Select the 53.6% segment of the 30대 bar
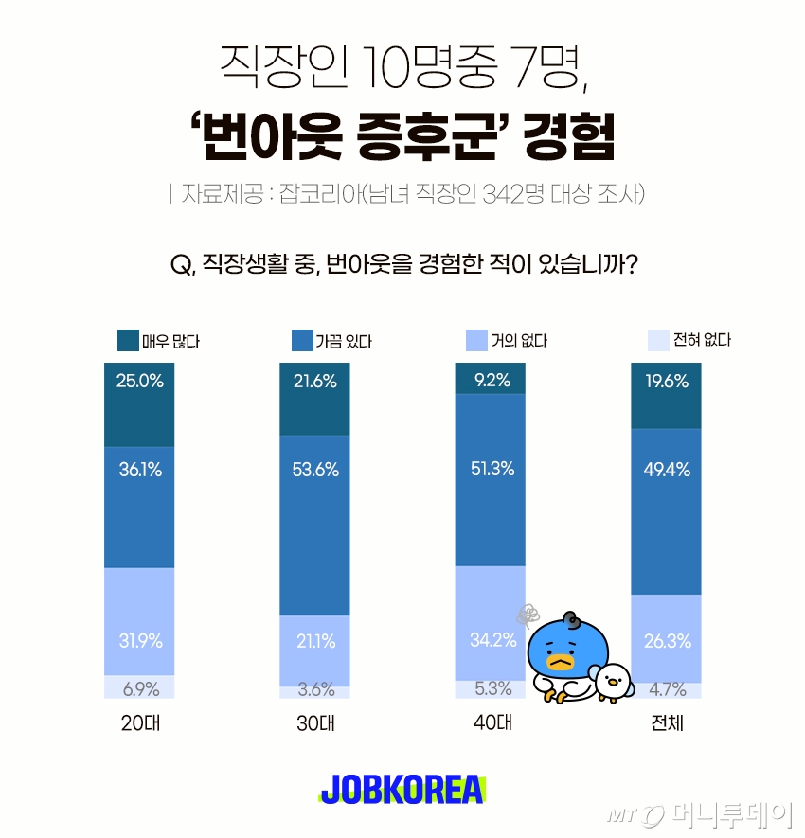pos(314,470)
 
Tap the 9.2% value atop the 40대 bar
pos(490,381)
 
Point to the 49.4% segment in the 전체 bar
pos(666,470)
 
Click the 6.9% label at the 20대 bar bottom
pos(139,688)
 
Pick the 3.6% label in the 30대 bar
pos(314,689)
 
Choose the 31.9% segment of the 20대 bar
pos(139,641)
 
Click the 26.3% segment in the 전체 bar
pos(666,641)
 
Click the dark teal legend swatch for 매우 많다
pos(128,340)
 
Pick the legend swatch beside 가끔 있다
pos(303,340)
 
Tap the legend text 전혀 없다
pos(702,340)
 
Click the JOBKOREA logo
pos(402,790)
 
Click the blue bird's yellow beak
pos(560,663)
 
